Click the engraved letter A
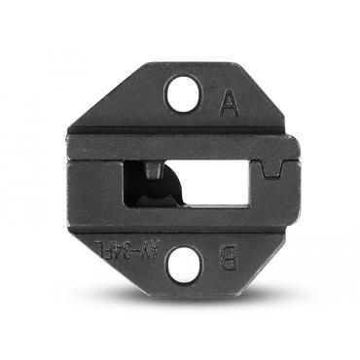click(229, 103)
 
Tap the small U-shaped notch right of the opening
click(275, 172)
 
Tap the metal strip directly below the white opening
click(195, 218)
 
